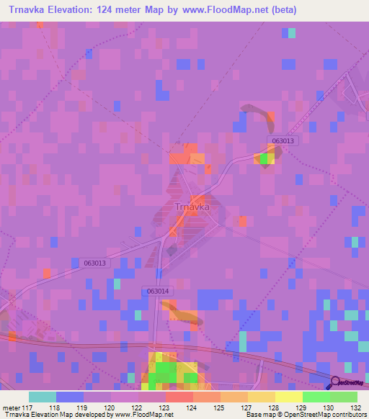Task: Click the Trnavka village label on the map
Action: [x=192, y=207]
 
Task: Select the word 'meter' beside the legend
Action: [x=10, y=407]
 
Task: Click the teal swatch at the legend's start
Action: [x=43, y=397]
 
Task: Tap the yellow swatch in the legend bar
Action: [x=288, y=397]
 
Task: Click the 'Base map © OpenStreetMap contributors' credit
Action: [x=305, y=415]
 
